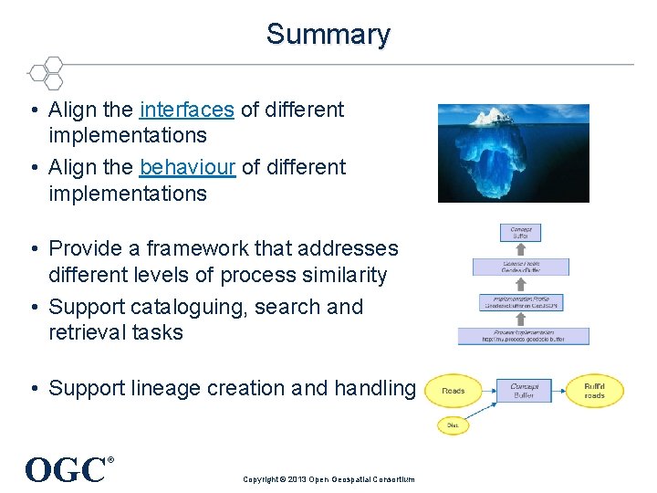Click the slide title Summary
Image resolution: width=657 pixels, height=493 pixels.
pyautogui.click(x=328, y=35)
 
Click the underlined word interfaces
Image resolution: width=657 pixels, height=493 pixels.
pyautogui.click(x=187, y=110)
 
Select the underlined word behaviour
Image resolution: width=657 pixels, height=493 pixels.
pyautogui.click(x=188, y=168)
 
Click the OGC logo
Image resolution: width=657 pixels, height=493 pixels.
pyautogui.click(x=66, y=470)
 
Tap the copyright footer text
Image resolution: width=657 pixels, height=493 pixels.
pyautogui.click(x=328, y=479)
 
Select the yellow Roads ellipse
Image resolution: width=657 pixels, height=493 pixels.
pyautogui.click(x=453, y=391)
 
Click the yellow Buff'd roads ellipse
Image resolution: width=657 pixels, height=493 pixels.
pyautogui.click(x=594, y=390)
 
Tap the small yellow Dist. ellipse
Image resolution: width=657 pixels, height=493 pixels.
pyautogui.click(x=452, y=425)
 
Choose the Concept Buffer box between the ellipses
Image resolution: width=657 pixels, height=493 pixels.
pyautogui.click(x=524, y=390)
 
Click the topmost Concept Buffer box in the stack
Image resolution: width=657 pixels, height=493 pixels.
pyautogui.click(x=521, y=233)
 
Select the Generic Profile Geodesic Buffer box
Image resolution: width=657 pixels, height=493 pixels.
pyautogui.click(x=521, y=266)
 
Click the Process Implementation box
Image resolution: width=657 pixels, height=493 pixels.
pyautogui.click(x=524, y=335)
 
